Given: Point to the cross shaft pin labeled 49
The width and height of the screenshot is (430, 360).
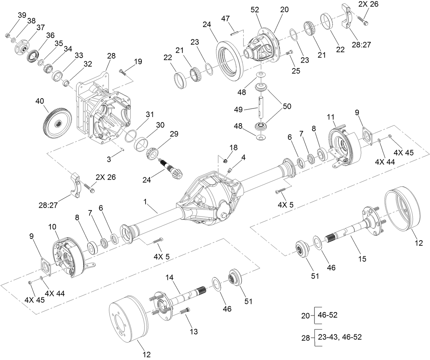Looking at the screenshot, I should (262, 110).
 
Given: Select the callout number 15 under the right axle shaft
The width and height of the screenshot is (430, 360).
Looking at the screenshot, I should (362, 259).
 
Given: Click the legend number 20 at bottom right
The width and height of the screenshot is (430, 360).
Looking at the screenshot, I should (305, 315).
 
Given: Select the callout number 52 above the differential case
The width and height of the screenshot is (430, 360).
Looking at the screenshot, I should (255, 10).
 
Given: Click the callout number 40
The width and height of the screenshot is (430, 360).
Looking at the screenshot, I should (40, 101).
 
